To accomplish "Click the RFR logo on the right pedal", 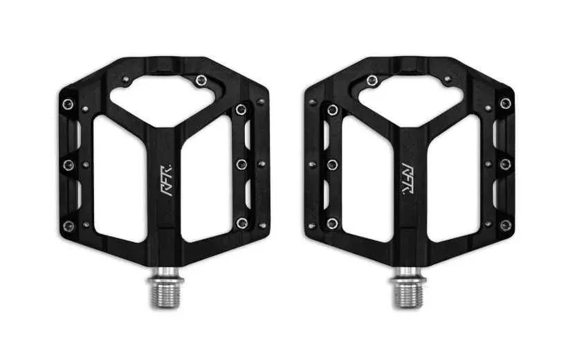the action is (407, 179).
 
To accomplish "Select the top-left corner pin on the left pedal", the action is (68, 104).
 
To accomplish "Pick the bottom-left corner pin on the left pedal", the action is (68, 226).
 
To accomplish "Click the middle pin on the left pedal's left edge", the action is (68, 165).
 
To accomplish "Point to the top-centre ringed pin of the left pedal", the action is (201, 80).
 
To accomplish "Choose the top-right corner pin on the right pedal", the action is (505, 103).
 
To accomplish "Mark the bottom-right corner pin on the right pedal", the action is (505, 225).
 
